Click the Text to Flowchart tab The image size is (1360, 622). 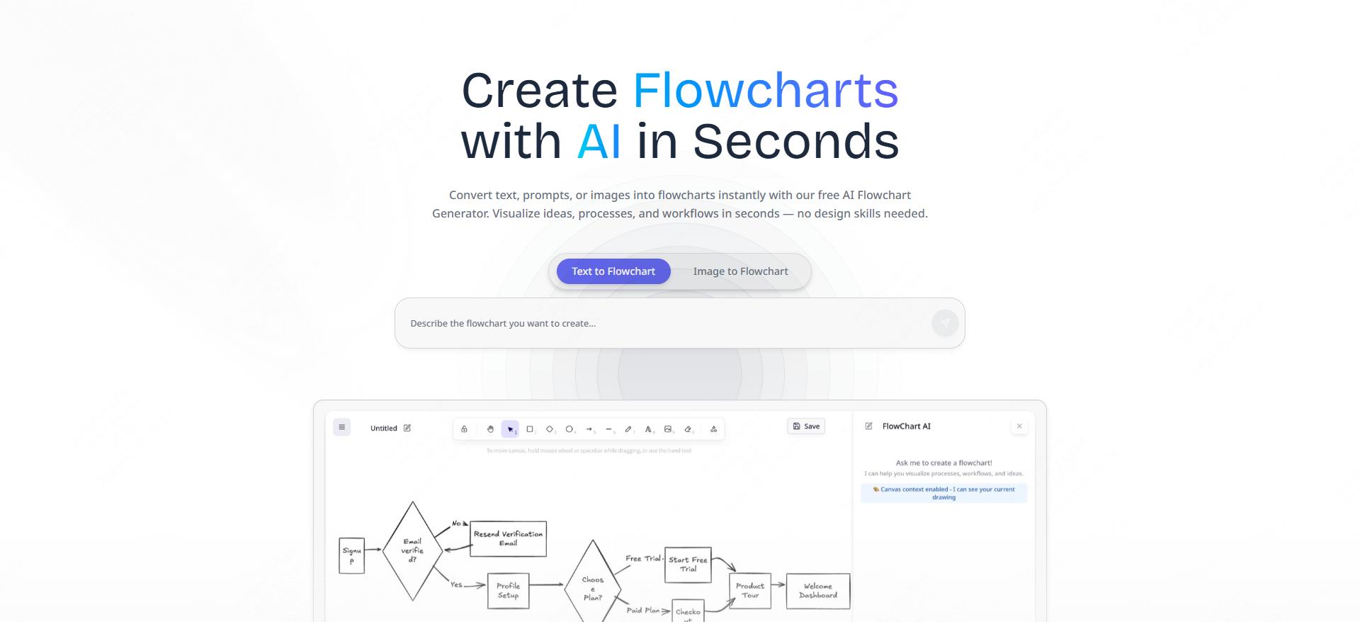point(613,271)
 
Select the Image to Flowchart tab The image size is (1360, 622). point(740,271)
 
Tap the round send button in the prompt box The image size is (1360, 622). point(945,323)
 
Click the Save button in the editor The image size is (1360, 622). point(806,426)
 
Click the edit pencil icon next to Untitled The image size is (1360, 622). point(407,428)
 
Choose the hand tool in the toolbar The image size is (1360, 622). point(490,429)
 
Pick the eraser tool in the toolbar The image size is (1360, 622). point(688,429)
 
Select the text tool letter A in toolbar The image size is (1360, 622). point(648,429)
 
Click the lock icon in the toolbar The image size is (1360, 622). point(464,429)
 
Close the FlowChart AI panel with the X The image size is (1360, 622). point(1019,426)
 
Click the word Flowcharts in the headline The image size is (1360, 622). point(765,91)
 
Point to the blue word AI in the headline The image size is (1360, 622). point(599,142)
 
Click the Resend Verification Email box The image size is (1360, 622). point(508,538)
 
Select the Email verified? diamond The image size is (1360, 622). point(412,550)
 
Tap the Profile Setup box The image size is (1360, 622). point(508,591)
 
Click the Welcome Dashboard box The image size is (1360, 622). point(817,591)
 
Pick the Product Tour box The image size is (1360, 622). point(749,591)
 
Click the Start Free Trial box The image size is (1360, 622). point(688,565)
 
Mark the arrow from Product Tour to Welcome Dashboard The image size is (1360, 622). point(778,584)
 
